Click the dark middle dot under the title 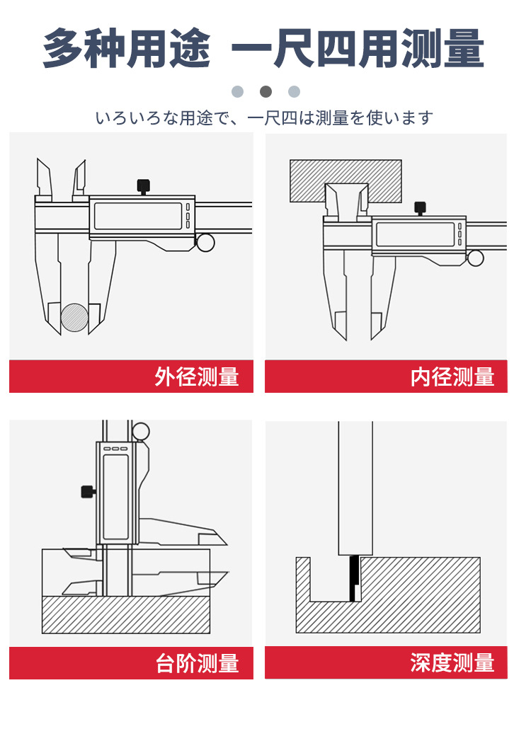pos(265,91)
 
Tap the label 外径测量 pos(197,377)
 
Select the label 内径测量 pos(452,377)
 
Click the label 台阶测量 pos(197,664)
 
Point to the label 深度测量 pos(452,663)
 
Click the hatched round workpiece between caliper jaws pos(74,318)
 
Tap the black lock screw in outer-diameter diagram pos(143,185)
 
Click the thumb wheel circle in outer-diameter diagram pos(205,243)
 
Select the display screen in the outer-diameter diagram pos(137,216)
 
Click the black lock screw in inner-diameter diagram pos(420,207)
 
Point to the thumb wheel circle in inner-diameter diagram pos(476,258)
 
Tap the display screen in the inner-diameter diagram pos(415,234)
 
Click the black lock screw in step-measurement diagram pos(88,491)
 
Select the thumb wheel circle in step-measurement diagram pos(141,431)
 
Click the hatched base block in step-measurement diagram pos(126,614)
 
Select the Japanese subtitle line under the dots pos(264,118)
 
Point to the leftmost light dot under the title pos(237,91)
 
